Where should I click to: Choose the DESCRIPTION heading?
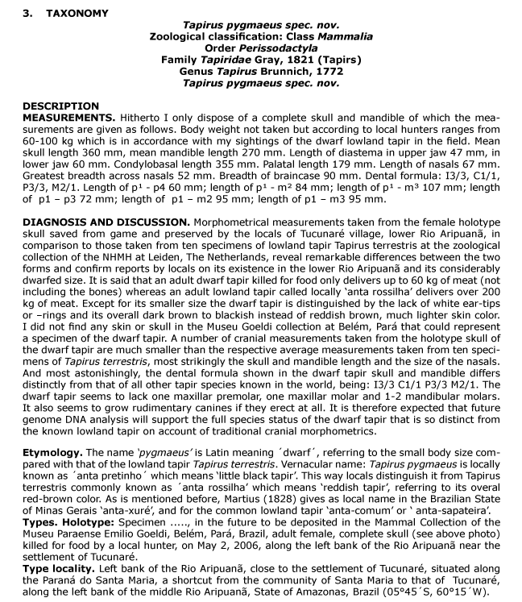pos(60,106)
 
